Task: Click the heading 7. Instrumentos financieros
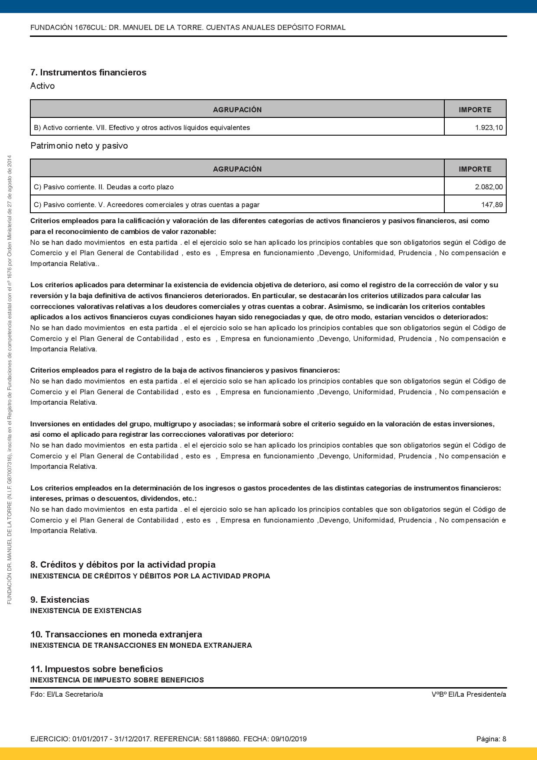click(88, 72)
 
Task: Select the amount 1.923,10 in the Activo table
click(489, 128)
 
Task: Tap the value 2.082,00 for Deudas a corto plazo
click(489, 187)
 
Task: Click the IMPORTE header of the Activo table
click(475, 110)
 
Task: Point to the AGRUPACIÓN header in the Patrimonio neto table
click(237, 169)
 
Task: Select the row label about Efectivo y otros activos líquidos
click(142, 128)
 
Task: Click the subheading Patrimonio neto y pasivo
click(79, 146)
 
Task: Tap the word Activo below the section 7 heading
click(42, 86)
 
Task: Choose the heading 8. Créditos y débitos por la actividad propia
click(123, 565)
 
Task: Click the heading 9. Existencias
click(60, 600)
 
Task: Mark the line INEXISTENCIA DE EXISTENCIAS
click(86, 611)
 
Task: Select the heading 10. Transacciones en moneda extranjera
click(116, 634)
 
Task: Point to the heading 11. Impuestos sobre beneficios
click(97, 669)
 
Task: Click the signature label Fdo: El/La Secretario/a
click(67, 695)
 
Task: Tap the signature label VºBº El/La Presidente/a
click(469, 695)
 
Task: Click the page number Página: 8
click(491, 739)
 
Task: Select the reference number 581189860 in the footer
click(221, 739)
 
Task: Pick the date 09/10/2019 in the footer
click(289, 739)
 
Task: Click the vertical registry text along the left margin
click(9, 380)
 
